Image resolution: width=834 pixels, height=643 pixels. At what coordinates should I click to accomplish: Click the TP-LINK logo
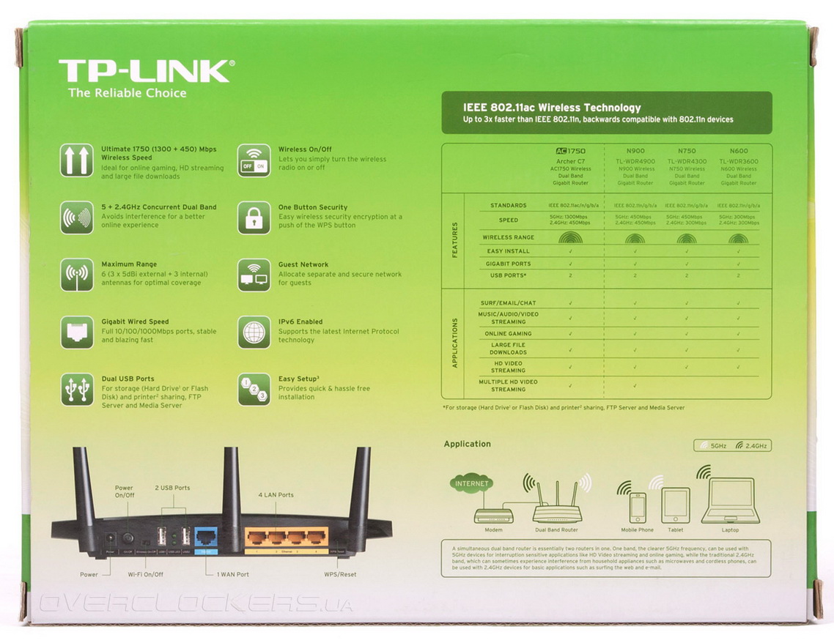147,72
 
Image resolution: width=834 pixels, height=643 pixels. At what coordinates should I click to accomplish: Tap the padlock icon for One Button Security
254,218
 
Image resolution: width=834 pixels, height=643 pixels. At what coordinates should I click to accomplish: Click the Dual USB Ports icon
76,389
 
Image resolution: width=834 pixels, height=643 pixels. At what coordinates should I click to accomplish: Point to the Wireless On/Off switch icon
254,160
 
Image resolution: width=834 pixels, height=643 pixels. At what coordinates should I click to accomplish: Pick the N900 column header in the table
635,151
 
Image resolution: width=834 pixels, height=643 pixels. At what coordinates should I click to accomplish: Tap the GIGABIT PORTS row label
508,264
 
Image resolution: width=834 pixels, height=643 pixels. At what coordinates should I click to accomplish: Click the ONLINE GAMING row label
508,333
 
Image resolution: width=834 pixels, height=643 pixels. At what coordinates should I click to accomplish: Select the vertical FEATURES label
454,239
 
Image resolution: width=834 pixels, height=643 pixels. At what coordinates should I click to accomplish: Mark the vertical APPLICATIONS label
454,343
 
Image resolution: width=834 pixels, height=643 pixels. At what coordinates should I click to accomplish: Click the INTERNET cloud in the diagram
472,484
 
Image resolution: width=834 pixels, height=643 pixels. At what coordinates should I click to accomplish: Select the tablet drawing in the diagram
675,505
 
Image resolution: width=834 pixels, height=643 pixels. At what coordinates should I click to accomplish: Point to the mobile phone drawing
637,508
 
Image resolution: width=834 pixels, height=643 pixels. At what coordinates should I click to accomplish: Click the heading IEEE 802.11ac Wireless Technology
552,108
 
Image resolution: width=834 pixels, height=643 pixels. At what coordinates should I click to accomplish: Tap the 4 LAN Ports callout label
276,495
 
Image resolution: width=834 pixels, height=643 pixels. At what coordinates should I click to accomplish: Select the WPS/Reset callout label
339,574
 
